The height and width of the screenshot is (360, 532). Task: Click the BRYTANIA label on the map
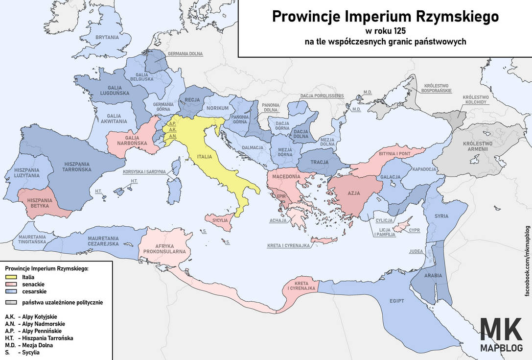(107, 37)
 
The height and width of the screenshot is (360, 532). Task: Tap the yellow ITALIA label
(205, 157)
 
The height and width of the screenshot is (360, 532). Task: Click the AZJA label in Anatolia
(353, 193)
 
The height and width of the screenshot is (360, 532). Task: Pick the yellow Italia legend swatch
(11, 277)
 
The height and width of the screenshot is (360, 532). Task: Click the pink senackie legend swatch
(11, 284)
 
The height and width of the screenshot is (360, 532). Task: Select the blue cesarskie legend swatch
(11, 291)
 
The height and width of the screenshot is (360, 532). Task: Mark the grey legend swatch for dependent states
(11, 302)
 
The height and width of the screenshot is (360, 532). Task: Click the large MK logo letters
(501, 330)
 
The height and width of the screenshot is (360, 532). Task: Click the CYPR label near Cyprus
(414, 230)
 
